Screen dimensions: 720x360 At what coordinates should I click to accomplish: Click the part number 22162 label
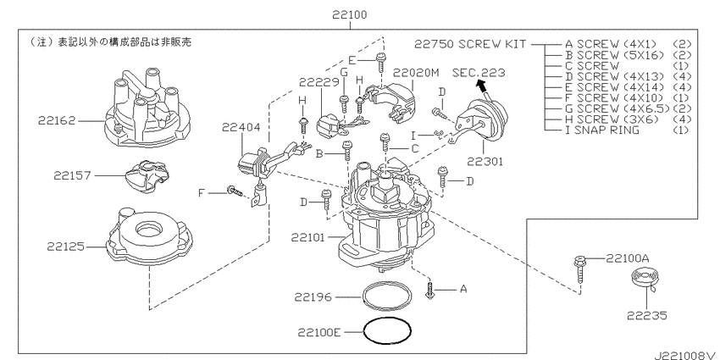click(57, 121)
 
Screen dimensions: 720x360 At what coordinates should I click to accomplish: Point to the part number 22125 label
click(65, 246)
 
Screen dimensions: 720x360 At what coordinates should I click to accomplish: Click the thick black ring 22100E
click(387, 330)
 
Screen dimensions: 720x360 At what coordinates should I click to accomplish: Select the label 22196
click(313, 297)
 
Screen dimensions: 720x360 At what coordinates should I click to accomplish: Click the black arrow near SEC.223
click(481, 86)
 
